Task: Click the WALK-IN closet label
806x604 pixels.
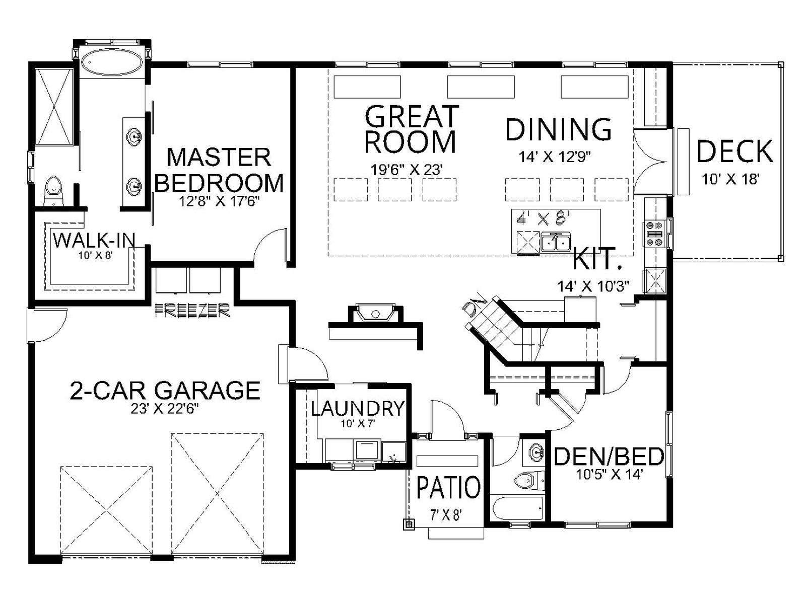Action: (94, 241)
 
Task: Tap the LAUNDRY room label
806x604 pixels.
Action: (357, 409)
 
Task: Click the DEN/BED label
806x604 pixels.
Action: (609, 457)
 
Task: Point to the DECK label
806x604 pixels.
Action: (735, 152)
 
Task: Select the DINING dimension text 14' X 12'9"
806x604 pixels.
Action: (554, 158)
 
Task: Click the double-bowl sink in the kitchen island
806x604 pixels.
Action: (556, 243)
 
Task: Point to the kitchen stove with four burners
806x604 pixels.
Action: (652, 234)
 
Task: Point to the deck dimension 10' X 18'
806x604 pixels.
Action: (730, 179)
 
